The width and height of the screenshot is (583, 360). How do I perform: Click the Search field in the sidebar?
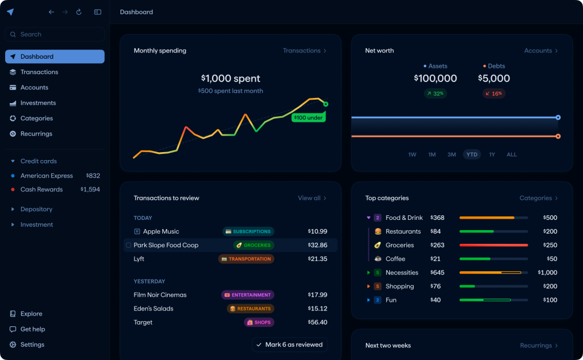pyautogui.click(x=55, y=34)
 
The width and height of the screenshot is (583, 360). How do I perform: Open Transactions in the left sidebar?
pyautogui.click(x=39, y=72)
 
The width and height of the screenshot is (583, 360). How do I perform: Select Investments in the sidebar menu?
pyautogui.click(x=38, y=103)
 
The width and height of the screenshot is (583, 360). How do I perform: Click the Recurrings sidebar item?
pyautogui.click(x=36, y=134)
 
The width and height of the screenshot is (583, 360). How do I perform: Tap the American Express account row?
pyautogui.click(x=47, y=176)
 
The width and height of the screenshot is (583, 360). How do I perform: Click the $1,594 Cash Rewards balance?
pyautogui.click(x=90, y=190)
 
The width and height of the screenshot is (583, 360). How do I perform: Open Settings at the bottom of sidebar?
pyautogui.click(x=32, y=345)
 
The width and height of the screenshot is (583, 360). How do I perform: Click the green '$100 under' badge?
pyautogui.click(x=308, y=118)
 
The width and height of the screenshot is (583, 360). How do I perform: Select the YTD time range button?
pyautogui.click(x=471, y=154)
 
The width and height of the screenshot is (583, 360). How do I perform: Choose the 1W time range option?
pyautogui.click(x=412, y=154)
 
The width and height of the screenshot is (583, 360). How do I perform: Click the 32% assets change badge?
pyautogui.click(x=435, y=93)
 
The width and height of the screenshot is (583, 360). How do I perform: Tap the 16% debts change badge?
pyautogui.click(x=494, y=93)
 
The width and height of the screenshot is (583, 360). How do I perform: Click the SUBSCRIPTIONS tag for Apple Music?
pyautogui.click(x=248, y=232)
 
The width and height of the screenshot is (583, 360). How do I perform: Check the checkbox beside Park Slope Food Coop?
pyautogui.click(x=128, y=246)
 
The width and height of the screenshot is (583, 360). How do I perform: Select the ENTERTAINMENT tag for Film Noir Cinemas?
pyautogui.click(x=247, y=295)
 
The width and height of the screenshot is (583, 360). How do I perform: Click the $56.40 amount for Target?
pyautogui.click(x=317, y=322)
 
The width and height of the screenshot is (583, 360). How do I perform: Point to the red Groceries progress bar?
pyautogui.click(x=494, y=246)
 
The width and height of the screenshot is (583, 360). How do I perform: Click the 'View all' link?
pyautogui.click(x=312, y=198)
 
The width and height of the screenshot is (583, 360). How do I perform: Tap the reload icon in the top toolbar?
pyautogui.click(x=79, y=12)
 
